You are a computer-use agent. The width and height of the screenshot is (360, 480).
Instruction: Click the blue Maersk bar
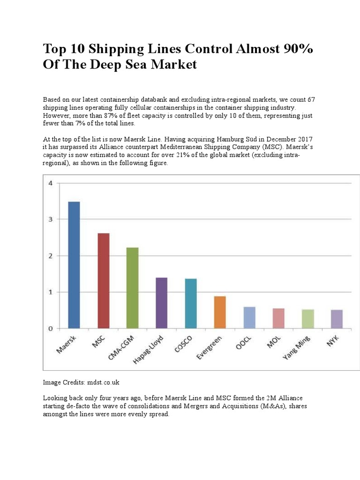(x=74, y=265)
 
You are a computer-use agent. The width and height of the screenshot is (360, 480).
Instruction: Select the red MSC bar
(x=103, y=281)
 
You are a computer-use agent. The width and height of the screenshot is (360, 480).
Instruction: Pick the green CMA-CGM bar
(x=132, y=288)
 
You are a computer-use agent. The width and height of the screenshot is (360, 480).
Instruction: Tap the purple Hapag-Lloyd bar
(x=161, y=303)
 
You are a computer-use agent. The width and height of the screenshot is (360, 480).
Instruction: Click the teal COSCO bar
(x=191, y=303)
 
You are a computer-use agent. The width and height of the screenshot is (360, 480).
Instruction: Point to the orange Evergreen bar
(x=220, y=312)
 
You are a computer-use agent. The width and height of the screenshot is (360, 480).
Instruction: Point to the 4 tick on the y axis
(x=50, y=183)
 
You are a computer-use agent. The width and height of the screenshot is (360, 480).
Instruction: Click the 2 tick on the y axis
(x=50, y=255)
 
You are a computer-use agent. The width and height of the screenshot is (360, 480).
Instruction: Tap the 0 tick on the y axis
(x=50, y=329)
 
